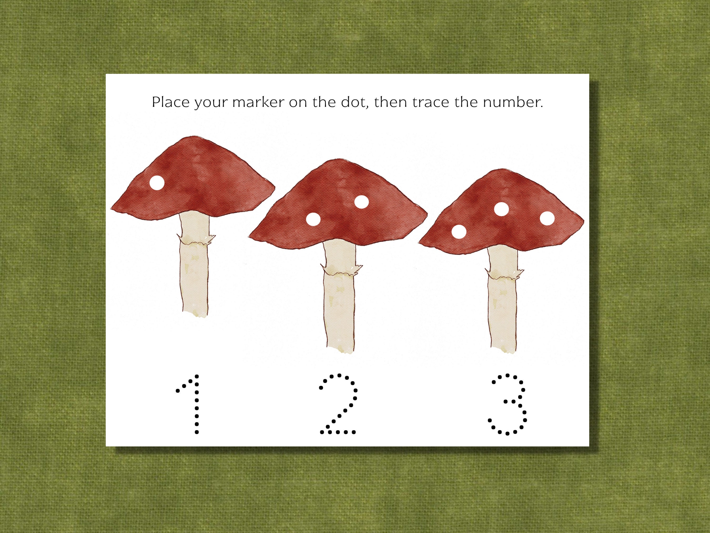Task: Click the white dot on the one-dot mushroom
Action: (157, 183)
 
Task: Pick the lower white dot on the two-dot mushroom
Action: (313, 220)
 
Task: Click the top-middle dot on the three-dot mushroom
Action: (501, 209)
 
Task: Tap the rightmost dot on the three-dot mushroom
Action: (547, 218)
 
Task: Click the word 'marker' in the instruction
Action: (258, 102)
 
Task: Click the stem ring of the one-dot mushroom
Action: (196, 240)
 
